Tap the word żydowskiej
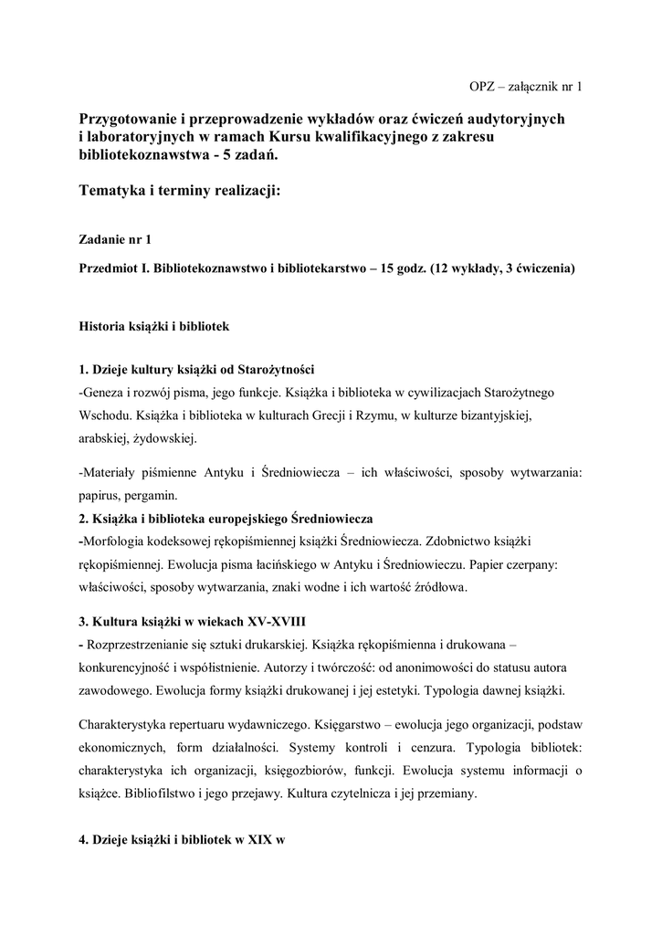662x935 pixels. (165, 438)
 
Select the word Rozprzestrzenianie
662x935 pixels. (147, 645)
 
